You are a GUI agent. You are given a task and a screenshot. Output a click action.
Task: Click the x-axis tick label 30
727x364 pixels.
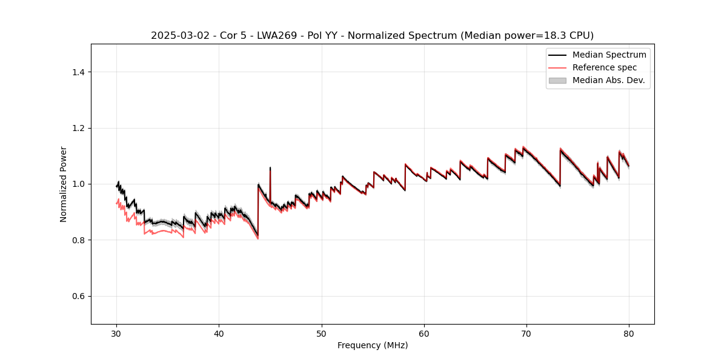tap(117, 333)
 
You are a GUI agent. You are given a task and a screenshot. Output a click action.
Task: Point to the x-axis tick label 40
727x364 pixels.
tap(219, 333)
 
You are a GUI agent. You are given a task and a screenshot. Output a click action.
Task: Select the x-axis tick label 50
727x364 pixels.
tap(322, 333)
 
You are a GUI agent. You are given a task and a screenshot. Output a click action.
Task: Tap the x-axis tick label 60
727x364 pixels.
tap(424, 333)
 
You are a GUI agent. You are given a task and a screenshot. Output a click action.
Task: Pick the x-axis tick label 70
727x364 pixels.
tap(526, 333)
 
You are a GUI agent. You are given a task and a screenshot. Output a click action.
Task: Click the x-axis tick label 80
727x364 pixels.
tap(629, 333)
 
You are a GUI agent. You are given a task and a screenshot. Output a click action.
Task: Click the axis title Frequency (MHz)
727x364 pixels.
tap(373, 345)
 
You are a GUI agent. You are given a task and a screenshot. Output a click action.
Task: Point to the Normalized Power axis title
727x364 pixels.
tap(64, 184)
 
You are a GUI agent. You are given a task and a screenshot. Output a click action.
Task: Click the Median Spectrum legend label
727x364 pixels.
tap(609, 55)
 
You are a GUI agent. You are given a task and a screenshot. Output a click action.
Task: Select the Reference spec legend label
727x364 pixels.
tap(605, 67)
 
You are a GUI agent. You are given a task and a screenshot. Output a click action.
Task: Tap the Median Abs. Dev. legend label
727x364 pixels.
tap(608, 80)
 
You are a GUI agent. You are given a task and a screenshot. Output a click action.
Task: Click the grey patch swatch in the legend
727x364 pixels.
tap(557, 80)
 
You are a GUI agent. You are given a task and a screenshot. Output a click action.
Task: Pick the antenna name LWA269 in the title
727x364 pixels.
tap(272, 36)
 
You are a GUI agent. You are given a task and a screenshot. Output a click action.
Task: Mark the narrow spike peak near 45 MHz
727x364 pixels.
tap(270, 167)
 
